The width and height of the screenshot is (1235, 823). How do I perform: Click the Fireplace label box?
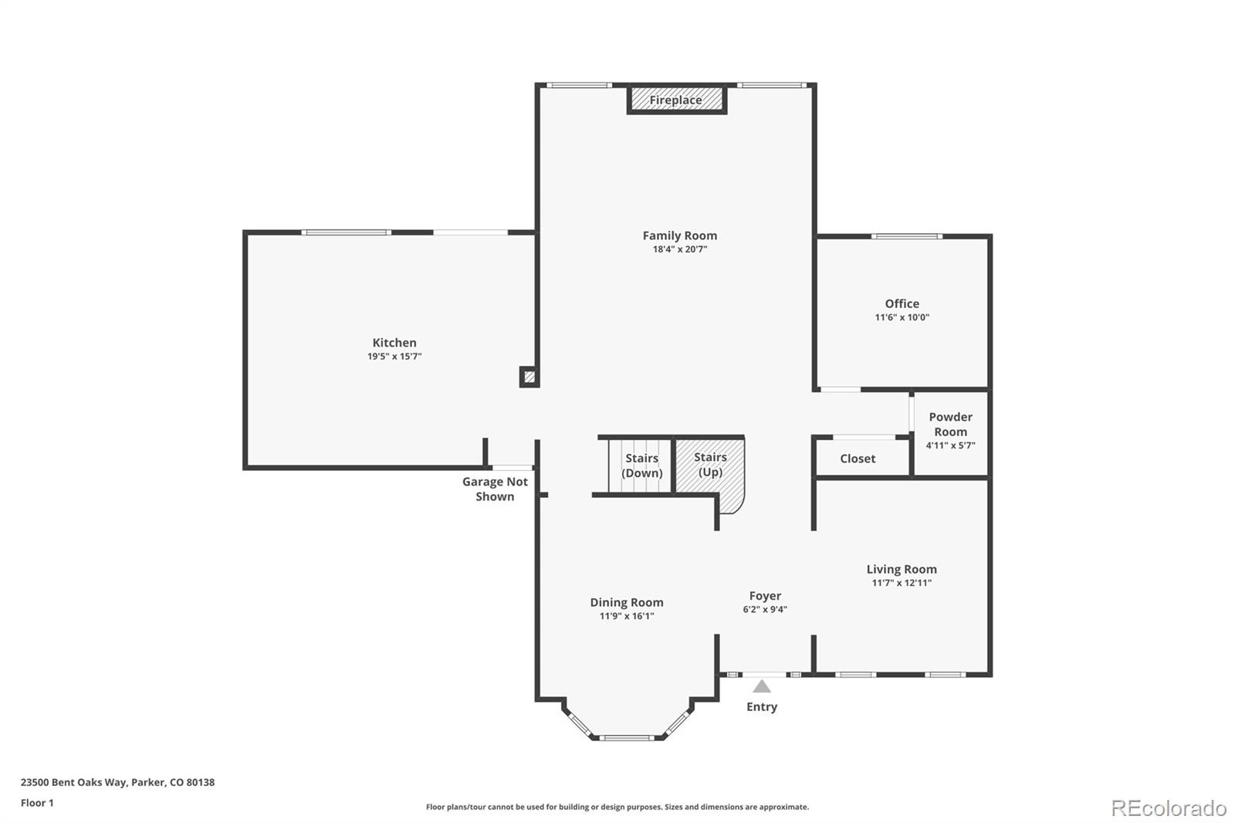point(675,100)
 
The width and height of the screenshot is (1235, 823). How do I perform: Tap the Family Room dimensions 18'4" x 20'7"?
point(679,249)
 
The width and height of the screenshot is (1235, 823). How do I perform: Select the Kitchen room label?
point(394,343)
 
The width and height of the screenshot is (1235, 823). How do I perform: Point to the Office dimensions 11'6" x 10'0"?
point(902,317)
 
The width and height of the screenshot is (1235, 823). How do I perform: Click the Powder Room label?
point(950,424)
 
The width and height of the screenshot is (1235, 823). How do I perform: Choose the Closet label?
point(858,459)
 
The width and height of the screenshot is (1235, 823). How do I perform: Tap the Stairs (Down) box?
point(641,466)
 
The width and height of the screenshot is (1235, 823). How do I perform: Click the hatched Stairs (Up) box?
point(710,465)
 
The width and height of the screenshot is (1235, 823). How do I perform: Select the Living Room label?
point(901,569)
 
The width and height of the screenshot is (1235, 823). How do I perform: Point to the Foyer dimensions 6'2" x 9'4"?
point(765,609)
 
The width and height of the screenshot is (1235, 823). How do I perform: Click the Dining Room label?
point(626,602)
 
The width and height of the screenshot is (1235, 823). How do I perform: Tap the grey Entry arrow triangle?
point(762,686)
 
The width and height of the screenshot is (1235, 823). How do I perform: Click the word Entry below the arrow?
point(762,706)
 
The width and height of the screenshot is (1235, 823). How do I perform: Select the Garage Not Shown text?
point(495,489)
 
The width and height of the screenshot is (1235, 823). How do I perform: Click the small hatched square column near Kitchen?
point(529,377)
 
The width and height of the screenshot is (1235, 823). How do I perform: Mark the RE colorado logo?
point(1169,808)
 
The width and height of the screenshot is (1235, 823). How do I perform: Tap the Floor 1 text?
point(37,803)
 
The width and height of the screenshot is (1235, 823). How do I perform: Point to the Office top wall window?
point(906,236)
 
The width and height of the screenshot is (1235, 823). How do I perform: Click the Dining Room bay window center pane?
point(628,738)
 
